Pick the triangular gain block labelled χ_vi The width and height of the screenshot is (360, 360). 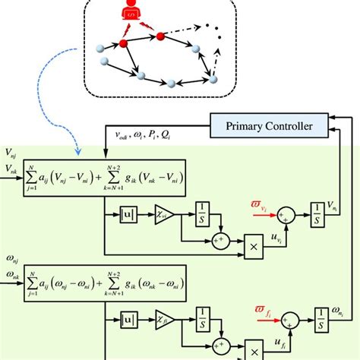tap(163, 216)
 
